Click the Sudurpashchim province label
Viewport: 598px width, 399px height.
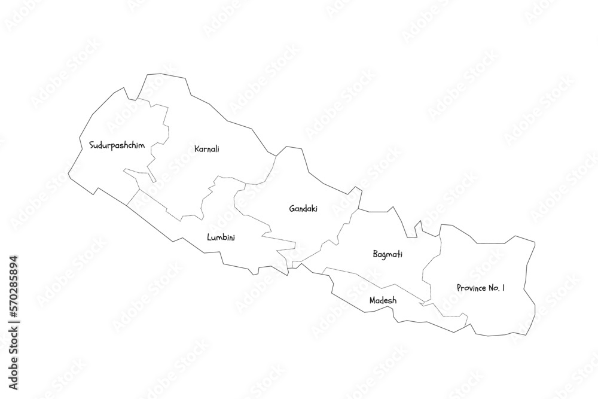117,145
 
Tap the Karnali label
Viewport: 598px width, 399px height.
207,148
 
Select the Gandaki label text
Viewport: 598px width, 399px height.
303,209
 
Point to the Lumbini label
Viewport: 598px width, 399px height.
221,237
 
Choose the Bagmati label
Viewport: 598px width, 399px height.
387,254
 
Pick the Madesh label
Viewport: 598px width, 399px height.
382,300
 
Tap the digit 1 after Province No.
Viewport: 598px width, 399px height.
504,288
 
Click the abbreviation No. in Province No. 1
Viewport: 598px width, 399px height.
494,288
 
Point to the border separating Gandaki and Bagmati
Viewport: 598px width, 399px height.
344,228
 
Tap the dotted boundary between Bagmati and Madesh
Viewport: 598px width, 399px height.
371,278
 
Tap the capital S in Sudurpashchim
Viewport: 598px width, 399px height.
91,145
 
